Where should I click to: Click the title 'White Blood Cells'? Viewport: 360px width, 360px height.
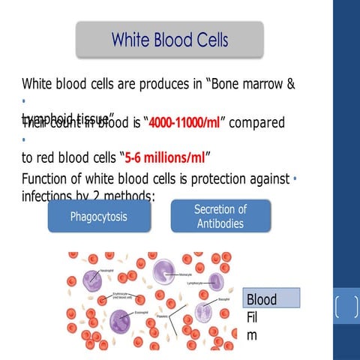pyautogui.click(x=169, y=39)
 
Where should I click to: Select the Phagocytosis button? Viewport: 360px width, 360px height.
pyautogui.click(x=98, y=217)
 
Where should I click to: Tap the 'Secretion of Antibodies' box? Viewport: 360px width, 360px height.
pyautogui.click(x=220, y=216)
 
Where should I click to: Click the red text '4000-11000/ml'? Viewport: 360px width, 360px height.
pyautogui.click(x=183, y=122)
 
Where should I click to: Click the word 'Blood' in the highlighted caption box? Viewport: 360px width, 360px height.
pyautogui.click(x=262, y=299)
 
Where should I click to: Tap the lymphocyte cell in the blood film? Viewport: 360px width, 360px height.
pyautogui.click(x=216, y=282)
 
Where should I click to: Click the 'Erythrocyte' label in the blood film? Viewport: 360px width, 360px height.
pyautogui.click(x=121, y=294)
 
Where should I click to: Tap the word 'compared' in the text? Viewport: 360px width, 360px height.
pyautogui.click(x=256, y=122)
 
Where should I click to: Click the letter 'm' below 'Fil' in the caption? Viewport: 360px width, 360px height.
pyautogui.click(x=251, y=335)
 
